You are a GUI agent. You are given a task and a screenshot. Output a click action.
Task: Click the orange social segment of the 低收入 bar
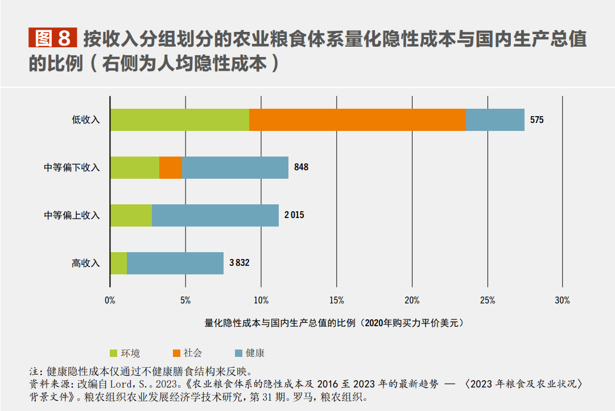click(x=357, y=120)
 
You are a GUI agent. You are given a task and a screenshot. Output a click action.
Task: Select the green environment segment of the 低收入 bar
click(x=180, y=120)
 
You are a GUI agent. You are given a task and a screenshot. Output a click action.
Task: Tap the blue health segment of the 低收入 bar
click(x=495, y=120)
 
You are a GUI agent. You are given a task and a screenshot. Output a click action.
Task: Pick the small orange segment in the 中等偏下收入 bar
click(x=170, y=167)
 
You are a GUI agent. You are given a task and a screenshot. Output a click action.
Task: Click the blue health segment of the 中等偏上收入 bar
click(x=215, y=215)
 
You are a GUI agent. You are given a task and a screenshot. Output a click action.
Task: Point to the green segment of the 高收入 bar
click(x=118, y=263)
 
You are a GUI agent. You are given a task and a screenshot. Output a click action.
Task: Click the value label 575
click(x=536, y=120)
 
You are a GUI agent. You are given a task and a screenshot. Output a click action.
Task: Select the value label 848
click(x=301, y=167)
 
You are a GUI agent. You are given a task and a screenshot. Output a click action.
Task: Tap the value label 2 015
click(x=294, y=215)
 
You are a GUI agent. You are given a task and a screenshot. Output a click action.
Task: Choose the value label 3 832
click(x=239, y=263)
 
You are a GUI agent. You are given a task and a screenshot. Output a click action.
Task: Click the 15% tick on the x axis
click(x=336, y=301)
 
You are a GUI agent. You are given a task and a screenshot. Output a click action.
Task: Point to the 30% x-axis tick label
click(x=562, y=301)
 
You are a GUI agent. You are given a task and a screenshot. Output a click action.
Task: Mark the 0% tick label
click(x=110, y=301)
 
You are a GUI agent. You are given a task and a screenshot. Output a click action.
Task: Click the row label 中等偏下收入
click(x=72, y=167)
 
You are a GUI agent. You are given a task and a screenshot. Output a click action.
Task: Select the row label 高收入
click(x=85, y=263)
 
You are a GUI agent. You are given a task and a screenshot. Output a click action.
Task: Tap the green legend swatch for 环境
click(x=113, y=353)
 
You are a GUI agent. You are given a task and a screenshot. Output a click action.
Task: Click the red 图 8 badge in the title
click(x=52, y=38)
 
